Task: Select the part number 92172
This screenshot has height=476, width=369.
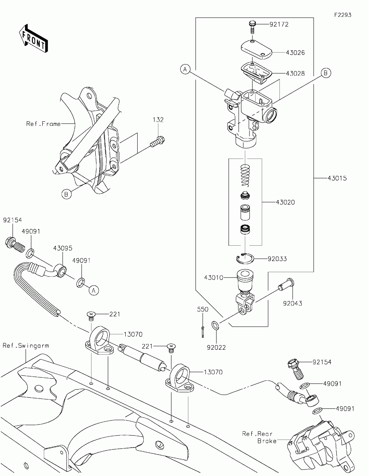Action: [x=279, y=24]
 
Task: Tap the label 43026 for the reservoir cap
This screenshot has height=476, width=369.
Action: [x=295, y=53]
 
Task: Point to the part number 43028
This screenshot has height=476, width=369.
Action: [x=295, y=73]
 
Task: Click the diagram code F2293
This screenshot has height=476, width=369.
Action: [x=342, y=15]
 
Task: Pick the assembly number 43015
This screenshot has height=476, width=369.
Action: [x=337, y=178]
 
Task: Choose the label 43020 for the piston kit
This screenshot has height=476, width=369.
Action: [x=285, y=202]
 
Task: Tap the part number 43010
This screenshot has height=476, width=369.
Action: [x=214, y=278]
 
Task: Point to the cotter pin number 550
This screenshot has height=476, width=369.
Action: [x=203, y=309]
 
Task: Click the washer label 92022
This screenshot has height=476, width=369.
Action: [x=216, y=347]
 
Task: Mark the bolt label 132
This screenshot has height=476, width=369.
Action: [x=158, y=120]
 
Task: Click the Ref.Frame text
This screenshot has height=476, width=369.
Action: [x=43, y=124]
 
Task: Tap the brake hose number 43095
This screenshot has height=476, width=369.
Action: [x=63, y=248]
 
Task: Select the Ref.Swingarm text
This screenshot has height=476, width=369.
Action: [x=26, y=345]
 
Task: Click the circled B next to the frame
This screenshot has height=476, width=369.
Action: [x=66, y=194]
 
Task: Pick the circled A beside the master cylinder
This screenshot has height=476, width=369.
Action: [x=185, y=69]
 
